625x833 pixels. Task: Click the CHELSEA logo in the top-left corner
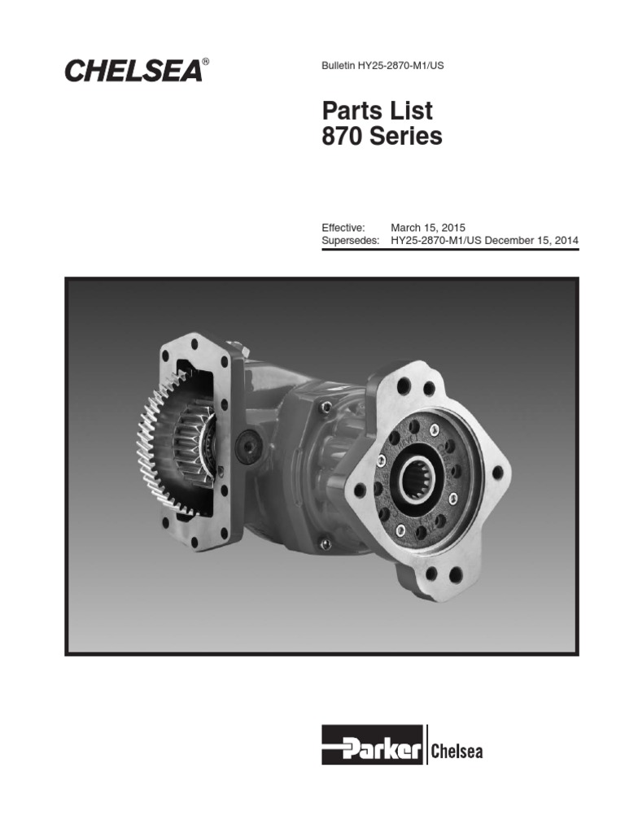[x=132, y=71]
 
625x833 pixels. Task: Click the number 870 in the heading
[x=344, y=137]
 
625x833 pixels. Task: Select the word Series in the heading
[x=406, y=137]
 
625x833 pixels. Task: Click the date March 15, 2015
[x=428, y=228]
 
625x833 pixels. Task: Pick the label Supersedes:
[x=351, y=242]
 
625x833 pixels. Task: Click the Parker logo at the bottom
[x=372, y=744]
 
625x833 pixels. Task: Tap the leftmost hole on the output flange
[x=360, y=490]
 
